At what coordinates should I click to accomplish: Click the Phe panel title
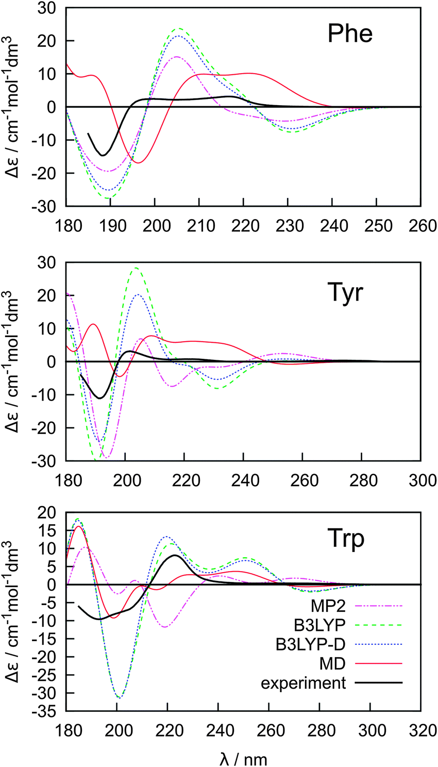pyautogui.click(x=350, y=34)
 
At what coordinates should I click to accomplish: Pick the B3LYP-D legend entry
pyautogui.click(x=310, y=644)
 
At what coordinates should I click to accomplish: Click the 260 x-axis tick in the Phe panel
pyautogui.click(x=421, y=226)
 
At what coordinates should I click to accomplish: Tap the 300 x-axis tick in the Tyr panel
pyautogui.click(x=421, y=480)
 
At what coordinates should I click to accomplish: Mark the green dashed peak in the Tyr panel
pyautogui.click(x=136, y=268)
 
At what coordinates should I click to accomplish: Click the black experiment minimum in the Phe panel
pyautogui.click(x=103, y=155)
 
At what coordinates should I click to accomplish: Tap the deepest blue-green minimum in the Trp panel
pyautogui.click(x=119, y=698)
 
